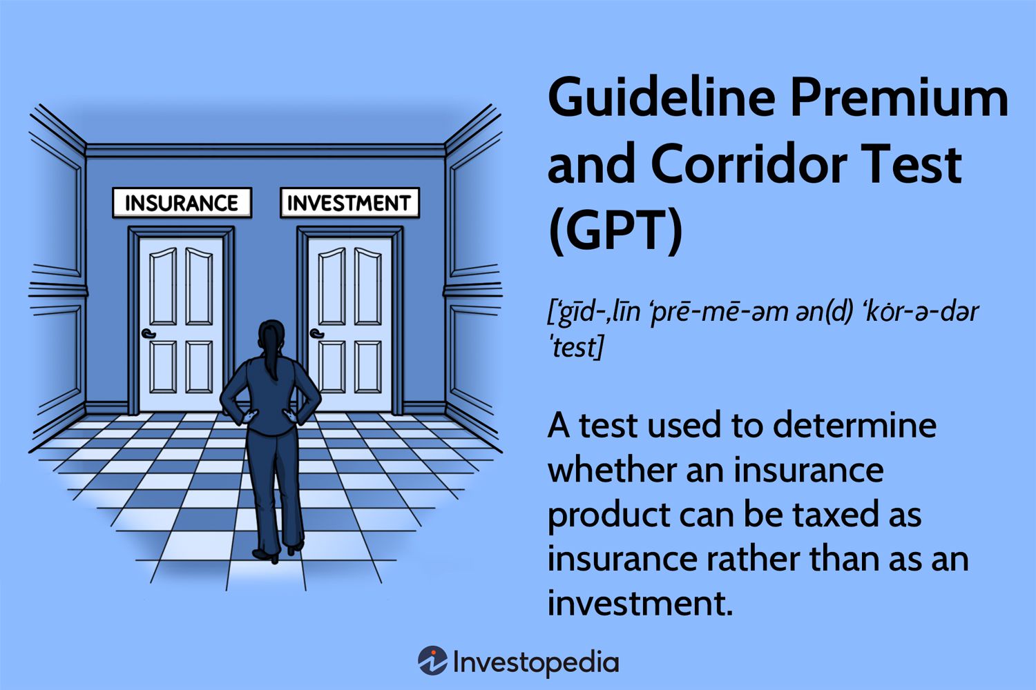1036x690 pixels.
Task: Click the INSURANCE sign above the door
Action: tap(182, 203)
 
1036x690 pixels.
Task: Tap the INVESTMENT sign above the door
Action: tap(349, 203)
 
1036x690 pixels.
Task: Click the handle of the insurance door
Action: tap(148, 335)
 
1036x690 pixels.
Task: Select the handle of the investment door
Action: tap(317, 335)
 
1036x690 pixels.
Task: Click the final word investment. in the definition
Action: tap(640, 603)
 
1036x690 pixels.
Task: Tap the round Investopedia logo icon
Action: tap(432, 662)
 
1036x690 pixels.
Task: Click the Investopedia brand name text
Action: tap(536, 662)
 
